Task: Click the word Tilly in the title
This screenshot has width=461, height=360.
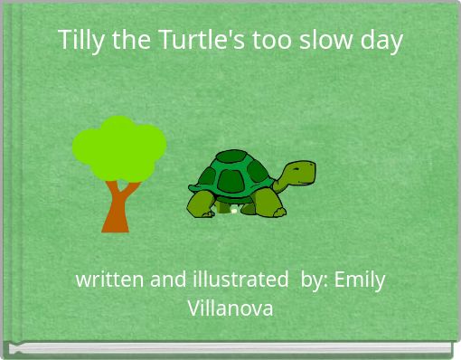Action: coord(79,41)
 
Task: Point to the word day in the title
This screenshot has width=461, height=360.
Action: coord(382,42)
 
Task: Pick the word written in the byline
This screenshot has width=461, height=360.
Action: coord(109,279)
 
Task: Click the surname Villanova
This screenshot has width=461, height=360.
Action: coord(230,308)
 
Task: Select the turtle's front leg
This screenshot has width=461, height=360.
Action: coord(268,204)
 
